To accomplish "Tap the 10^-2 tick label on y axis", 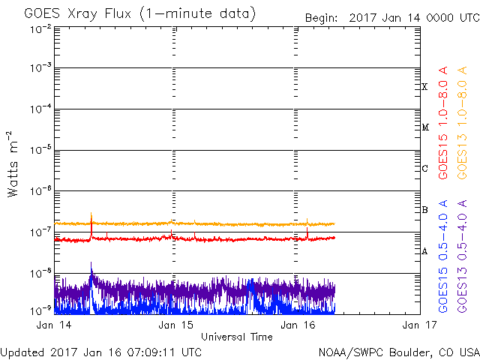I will [x=41, y=28].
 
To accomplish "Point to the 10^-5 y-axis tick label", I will [x=41, y=150].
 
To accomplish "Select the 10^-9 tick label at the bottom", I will [x=41, y=309].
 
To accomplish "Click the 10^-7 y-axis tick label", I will [x=41, y=232].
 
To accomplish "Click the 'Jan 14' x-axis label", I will [x=52, y=325].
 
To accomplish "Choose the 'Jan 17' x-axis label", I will [x=418, y=325].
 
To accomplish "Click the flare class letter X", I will [x=424, y=87].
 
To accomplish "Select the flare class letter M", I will [x=424, y=127].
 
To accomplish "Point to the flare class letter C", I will [x=424, y=169].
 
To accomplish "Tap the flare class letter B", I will [x=424, y=210].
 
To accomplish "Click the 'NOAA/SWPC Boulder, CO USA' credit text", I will [x=398, y=351].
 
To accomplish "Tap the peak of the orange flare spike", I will [x=91, y=214].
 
